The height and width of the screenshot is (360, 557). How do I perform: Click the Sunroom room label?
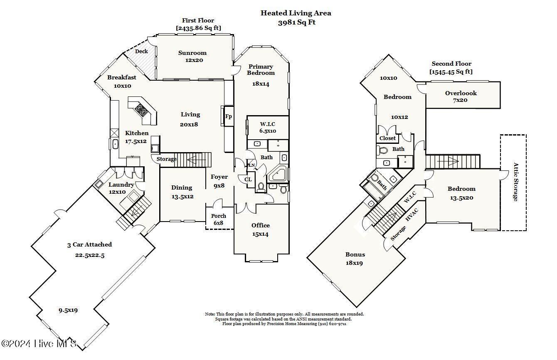point(192,53)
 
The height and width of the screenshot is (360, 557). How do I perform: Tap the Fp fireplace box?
point(229,116)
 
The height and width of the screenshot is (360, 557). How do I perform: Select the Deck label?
point(141,52)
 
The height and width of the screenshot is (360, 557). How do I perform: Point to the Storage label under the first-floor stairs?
point(166,159)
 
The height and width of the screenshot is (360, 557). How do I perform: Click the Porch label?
point(219,216)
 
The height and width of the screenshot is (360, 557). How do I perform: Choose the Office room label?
point(261,225)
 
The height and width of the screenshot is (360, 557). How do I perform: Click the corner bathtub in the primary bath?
point(278,175)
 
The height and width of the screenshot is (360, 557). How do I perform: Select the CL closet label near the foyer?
point(248,180)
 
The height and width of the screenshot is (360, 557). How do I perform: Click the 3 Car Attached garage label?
point(90,244)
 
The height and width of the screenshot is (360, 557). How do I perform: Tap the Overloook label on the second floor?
point(461,93)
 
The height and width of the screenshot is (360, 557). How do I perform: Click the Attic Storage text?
point(516,182)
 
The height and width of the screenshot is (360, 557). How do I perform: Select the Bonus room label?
point(355,254)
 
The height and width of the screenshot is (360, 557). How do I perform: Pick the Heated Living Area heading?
point(296,13)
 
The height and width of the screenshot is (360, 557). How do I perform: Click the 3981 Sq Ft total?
point(297,22)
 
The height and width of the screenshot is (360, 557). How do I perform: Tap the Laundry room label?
point(121,185)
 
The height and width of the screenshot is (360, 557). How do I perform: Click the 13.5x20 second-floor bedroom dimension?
point(462,198)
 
